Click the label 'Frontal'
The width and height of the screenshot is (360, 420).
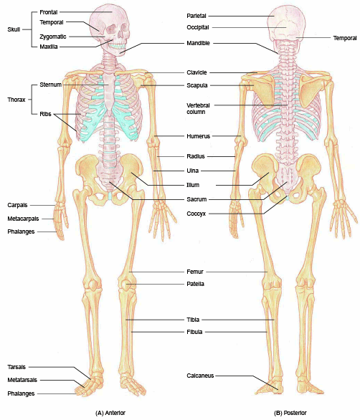pyautogui.click(x=49, y=12)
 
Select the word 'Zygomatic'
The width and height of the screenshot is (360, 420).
pyautogui.click(x=53, y=37)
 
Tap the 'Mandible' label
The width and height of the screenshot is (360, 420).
pyautogui.click(x=198, y=43)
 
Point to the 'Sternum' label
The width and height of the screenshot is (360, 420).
pyautogui.click(x=51, y=85)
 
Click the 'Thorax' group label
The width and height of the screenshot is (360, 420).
pyautogui.click(x=16, y=100)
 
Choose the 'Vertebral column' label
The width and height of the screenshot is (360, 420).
pyautogui.click(x=198, y=108)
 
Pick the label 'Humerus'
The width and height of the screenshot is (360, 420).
pyautogui.click(x=199, y=136)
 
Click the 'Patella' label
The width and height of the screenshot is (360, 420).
pyautogui.click(x=195, y=284)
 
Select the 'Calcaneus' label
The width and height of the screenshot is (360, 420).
pyautogui.click(x=200, y=376)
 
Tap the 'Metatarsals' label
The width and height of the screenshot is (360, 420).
pyautogui.click(x=22, y=380)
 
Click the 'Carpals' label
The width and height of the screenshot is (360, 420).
pyautogui.click(x=17, y=205)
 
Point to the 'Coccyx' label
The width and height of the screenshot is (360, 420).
pyautogui.click(x=196, y=214)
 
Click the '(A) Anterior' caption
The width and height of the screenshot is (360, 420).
pyautogui.click(x=110, y=413)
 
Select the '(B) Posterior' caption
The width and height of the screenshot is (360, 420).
pyautogui.click(x=290, y=413)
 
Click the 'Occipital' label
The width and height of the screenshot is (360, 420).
pyautogui.click(x=198, y=27)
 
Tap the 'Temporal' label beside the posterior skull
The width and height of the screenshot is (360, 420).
pyautogui.click(x=345, y=38)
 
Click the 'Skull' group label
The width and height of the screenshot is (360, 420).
pyautogui.click(x=14, y=29)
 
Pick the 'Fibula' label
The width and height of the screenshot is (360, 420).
pyautogui.click(x=194, y=332)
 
